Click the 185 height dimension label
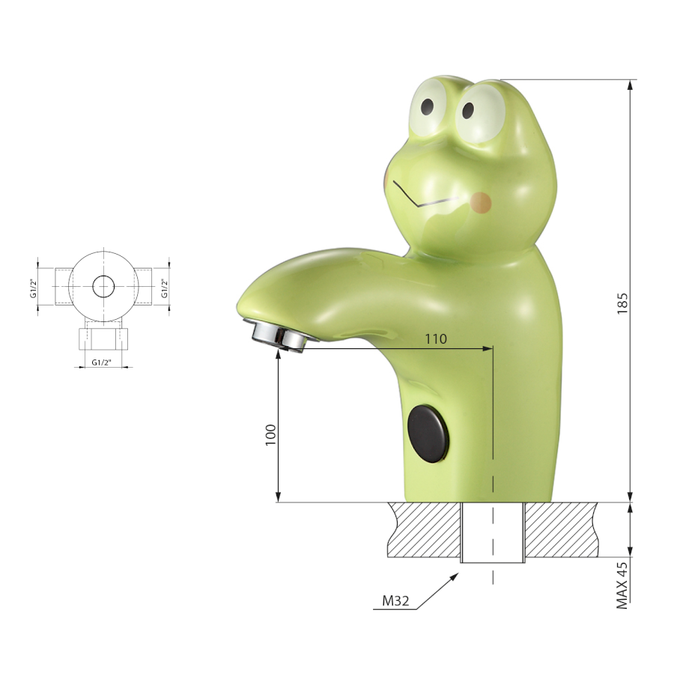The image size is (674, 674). tap(622, 303)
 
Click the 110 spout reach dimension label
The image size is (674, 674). tap(436, 339)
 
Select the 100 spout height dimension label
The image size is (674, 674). tap(270, 434)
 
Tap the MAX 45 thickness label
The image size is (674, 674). tap(622, 585)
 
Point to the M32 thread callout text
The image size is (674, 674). tap(396, 601)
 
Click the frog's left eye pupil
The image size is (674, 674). tap(428, 106)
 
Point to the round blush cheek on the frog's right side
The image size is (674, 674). tap(481, 202)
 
